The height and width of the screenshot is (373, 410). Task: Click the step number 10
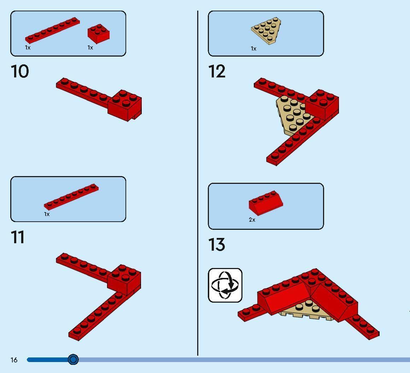point(20,71)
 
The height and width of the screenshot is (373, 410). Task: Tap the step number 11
point(18,237)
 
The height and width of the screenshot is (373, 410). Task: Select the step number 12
point(217,71)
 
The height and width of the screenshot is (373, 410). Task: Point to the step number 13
point(217,245)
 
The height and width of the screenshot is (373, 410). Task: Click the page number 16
point(14,360)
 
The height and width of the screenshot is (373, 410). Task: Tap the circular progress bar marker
point(73,360)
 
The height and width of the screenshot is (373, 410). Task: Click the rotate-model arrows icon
point(225,285)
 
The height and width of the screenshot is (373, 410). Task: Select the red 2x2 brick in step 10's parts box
point(99,34)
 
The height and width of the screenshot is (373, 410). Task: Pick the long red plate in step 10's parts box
point(52,30)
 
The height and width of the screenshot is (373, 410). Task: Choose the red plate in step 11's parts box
point(71,197)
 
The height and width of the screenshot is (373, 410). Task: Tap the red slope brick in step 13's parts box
point(266,203)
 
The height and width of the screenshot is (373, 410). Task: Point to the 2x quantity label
point(252,220)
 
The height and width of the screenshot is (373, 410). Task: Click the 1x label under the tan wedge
point(254,48)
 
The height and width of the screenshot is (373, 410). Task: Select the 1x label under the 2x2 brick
point(90,47)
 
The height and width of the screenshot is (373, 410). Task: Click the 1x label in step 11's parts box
point(47,214)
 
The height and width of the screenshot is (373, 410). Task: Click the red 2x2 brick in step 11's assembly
point(124,280)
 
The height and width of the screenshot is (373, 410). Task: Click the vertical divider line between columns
point(198,183)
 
